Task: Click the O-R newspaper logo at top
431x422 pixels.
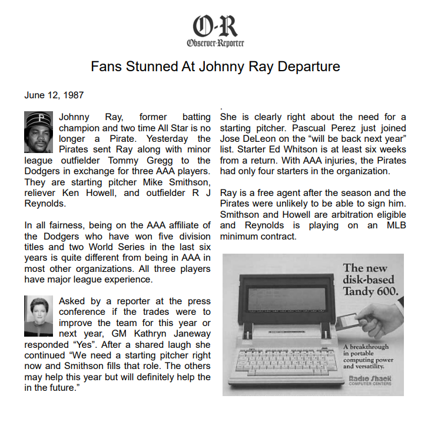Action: click(215, 26)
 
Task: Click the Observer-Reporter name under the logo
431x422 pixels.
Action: click(216, 43)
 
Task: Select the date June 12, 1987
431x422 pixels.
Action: click(54, 94)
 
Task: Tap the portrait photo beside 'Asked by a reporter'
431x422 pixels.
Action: click(39, 317)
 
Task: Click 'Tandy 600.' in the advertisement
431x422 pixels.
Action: click(370, 291)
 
